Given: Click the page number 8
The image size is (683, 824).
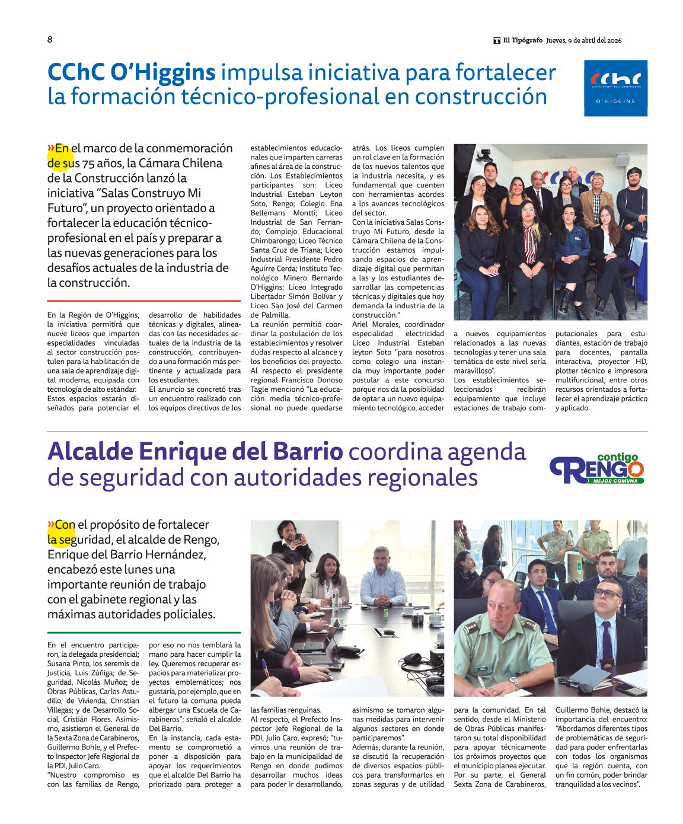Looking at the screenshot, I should click(x=50, y=40).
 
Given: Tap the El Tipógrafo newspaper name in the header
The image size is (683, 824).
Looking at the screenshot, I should click(x=522, y=40).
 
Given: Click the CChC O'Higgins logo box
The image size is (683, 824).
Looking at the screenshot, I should click(x=615, y=88).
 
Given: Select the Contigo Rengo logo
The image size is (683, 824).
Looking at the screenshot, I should click(x=596, y=469).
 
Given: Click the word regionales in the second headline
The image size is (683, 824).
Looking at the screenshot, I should click(x=422, y=477).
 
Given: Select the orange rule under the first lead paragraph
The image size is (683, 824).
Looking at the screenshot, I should click(x=144, y=301).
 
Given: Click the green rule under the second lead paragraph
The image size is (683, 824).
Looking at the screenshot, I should click(x=144, y=633).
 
